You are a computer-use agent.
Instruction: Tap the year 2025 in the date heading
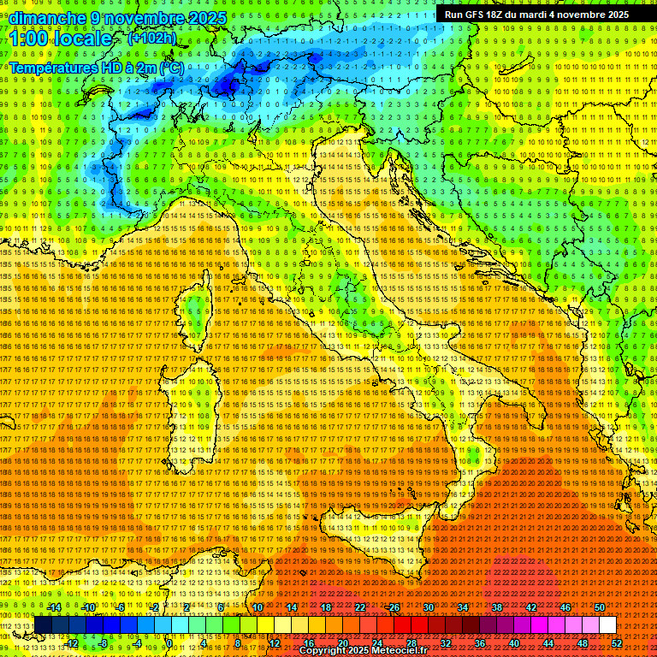coord(207,18)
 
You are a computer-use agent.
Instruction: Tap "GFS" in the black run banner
coord(479,15)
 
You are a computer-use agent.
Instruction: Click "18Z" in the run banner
coord(501,15)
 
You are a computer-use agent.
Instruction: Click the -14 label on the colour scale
coord(54,607)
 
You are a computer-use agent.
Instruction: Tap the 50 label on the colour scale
coord(599,607)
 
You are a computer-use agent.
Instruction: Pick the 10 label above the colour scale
coord(257,607)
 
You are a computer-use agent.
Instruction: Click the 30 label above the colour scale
coord(429,607)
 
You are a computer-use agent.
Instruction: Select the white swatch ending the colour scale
coord(607,625)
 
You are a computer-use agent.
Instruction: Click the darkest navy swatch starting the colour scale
coord(42,625)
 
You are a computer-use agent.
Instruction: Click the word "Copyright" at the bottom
coord(323,651)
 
